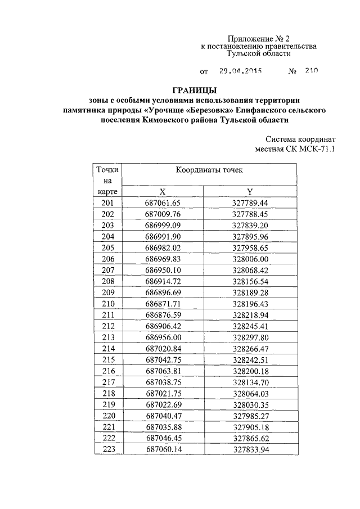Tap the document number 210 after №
(312, 72)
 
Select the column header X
(162, 192)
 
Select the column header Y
(250, 192)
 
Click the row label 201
(107, 203)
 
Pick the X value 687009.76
(162, 214)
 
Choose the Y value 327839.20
(250, 225)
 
